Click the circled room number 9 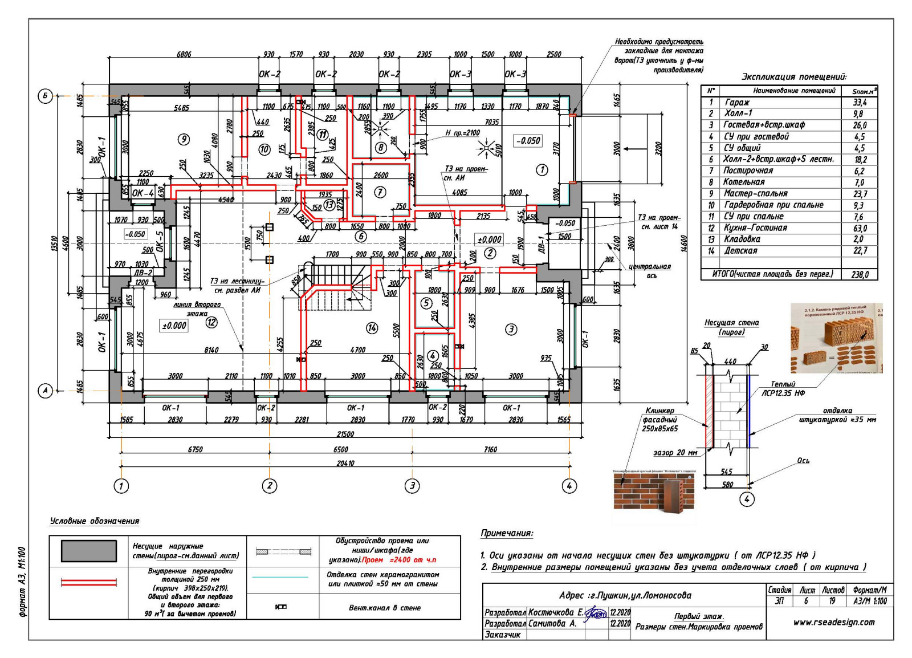tap(183, 139)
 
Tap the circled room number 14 tap(372, 327)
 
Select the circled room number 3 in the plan tap(511, 329)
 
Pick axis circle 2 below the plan tap(269, 486)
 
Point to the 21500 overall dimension tap(345, 434)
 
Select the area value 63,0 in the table tap(860, 228)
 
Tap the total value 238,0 tap(860, 275)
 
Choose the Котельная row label tap(744, 182)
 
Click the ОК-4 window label tap(142, 193)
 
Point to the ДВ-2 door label tap(143, 273)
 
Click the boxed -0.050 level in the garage tap(528, 141)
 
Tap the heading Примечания tap(507, 533)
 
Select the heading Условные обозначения tap(95, 521)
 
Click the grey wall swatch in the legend tap(89, 551)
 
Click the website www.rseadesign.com tap(833, 622)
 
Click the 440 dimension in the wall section tap(730, 361)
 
